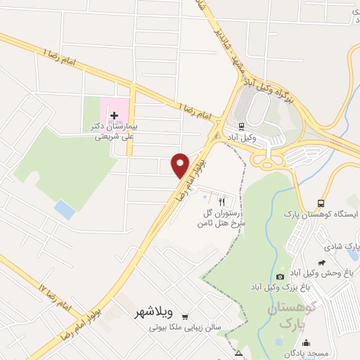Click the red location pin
(x=181, y=165)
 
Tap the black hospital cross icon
(x=115, y=114)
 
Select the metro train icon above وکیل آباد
(x=241, y=127)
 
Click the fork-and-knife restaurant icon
(x=224, y=199)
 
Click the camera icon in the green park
(x=281, y=276)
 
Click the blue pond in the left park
(x=65, y=208)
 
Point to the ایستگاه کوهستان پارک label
(x=321, y=213)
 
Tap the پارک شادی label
(x=342, y=247)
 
